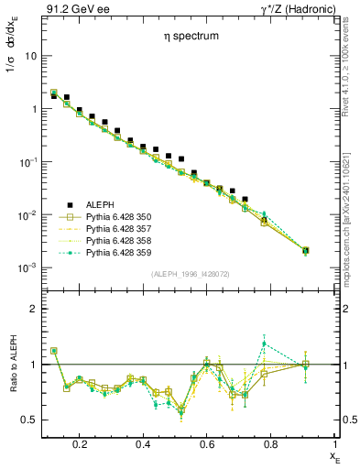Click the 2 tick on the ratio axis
(31, 309)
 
